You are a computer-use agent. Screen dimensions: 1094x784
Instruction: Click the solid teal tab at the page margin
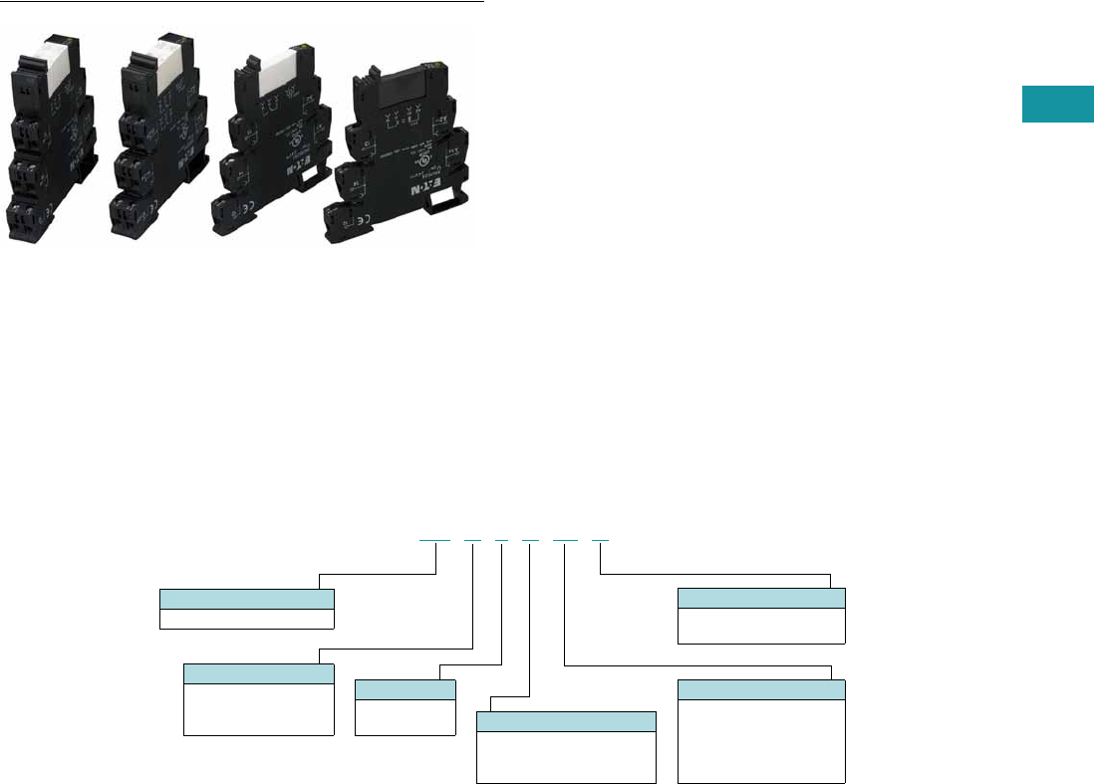[x=1055, y=106]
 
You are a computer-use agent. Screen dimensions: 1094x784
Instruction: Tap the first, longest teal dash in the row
[x=434, y=539]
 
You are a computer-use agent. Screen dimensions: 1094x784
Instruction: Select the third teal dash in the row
[x=501, y=539]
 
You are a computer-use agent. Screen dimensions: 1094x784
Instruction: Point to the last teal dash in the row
[x=600, y=539]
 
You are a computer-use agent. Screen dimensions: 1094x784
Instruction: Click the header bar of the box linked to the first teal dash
[x=246, y=599]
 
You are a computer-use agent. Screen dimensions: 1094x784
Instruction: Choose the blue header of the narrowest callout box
[x=405, y=689]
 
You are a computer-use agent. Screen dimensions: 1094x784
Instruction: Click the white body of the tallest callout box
[x=760, y=740]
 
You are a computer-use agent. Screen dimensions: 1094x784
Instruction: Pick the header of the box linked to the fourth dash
[x=567, y=722]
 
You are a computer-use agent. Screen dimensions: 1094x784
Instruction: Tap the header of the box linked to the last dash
[x=760, y=598]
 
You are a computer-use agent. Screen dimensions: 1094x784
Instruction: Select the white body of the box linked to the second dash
[x=258, y=709]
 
